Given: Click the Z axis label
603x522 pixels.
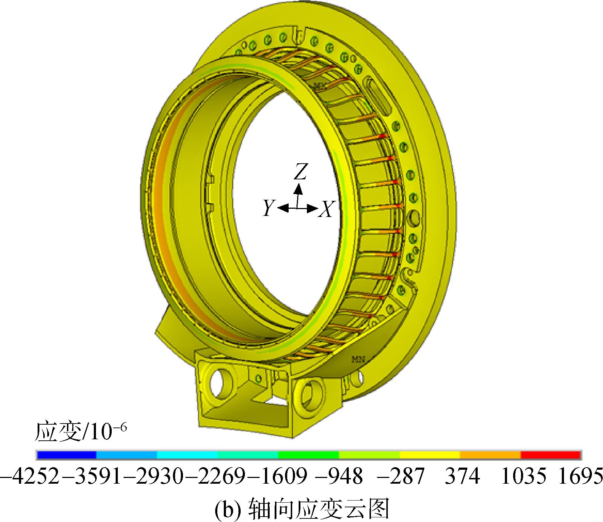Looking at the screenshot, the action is pyautogui.click(x=300, y=173).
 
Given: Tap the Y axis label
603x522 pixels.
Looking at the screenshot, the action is pyautogui.click(x=268, y=208).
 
